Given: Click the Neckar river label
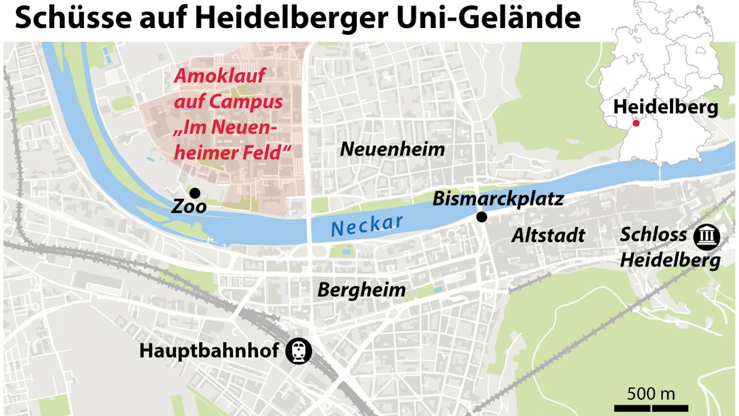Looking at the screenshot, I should [367, 226].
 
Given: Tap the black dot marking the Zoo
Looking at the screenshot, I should [195, 193].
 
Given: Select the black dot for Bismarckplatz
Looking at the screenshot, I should [482, 217].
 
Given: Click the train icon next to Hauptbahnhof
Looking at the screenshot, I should [299, 351].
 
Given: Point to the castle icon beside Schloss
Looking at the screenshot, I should [706, 237].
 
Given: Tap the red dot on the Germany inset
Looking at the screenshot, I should [636, 123].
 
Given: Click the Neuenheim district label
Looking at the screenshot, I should [392, 149].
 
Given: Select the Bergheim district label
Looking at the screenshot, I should [361, 290].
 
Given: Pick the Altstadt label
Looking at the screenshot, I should [548, 236].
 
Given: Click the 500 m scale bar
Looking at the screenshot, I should [651, 409].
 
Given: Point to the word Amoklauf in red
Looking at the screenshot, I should [219, 76].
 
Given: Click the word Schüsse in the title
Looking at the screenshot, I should [73, 18].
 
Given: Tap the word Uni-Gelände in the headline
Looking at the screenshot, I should [489, 18].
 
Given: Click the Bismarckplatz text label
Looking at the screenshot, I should [498, 199].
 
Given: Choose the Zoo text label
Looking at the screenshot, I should [189, 206].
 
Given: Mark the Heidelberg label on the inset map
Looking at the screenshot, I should [665, 107].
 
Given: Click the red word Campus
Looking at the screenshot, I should [246, 102].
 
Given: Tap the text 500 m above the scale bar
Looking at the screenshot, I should [651, 394].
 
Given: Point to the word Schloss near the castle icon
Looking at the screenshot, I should [653, 235].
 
